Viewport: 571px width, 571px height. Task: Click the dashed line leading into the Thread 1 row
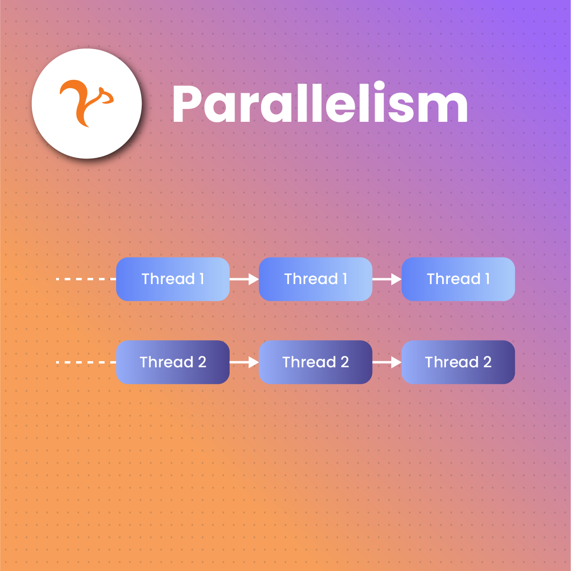(86, 279)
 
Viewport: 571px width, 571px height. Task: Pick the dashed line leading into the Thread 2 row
(86, 362)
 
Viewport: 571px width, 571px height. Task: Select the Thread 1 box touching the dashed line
(173, 279)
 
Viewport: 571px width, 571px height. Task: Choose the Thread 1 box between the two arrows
(316, 279)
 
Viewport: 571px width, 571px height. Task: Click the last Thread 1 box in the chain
(458, 279)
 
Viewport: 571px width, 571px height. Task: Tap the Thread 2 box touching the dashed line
(173, 362)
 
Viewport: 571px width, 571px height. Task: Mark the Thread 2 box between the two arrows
(316, 362)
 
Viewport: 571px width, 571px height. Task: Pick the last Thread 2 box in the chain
(458, 362)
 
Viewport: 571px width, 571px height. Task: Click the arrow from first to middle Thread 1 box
(244, 279)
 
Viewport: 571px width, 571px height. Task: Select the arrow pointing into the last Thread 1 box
(387, 279)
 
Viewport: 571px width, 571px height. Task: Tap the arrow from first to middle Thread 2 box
(244, 362)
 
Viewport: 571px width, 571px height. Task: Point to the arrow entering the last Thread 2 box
(387, 362)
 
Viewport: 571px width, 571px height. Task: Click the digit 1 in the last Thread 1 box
(487, 279)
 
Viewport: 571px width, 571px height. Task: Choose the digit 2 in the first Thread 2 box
(202, 362)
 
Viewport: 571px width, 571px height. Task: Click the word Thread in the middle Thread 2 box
(309, 362)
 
